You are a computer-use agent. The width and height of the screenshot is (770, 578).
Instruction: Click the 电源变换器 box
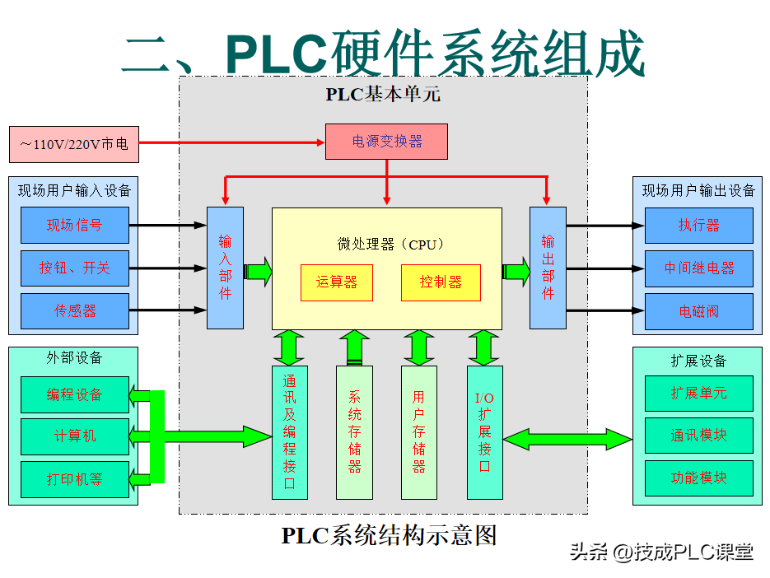[x=386, y=141]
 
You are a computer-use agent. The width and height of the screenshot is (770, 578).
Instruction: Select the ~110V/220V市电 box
[x=74, y=144]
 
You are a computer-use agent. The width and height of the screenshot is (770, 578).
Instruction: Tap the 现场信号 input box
[x=75, y=225]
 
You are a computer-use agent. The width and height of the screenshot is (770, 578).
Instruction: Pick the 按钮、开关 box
[x=75, y=268]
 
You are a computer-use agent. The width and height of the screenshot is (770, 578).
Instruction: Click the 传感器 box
[x=75, y=310]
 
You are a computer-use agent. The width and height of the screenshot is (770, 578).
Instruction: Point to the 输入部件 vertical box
[x=225, y=268]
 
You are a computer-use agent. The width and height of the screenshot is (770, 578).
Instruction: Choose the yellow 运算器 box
[x=336, y=282]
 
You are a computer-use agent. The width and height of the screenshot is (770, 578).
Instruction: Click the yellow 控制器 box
[x=440, y=282]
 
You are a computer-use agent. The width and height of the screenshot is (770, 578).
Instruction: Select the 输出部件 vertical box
[x=548, y=268]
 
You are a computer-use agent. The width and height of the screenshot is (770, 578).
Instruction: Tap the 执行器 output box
[x=698, y=225]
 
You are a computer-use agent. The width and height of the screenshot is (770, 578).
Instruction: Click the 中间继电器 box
[x=698, y=268]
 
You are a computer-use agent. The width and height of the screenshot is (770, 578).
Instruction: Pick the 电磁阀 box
[x=698, y=311]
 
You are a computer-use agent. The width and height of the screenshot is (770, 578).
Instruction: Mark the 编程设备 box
[x=75, y=394]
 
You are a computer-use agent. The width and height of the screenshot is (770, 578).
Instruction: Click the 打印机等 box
[x=75, y=478]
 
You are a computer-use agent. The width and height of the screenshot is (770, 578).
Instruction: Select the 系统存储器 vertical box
[x=354, y=432]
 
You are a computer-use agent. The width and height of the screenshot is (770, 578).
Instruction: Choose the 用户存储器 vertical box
[x=418, y=432]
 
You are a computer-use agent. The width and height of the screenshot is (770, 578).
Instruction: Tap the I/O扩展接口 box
[x=484, y=432]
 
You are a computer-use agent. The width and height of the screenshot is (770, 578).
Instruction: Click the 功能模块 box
[x=698, y=478]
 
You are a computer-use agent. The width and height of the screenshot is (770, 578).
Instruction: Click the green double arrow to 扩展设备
[x=567, y=438]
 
